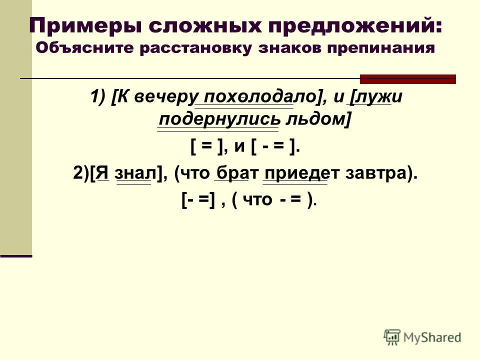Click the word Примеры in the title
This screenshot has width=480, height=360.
[x=86, y=26]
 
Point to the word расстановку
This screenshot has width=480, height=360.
[x=195, y=48]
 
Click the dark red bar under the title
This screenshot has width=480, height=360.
[x=408, y=79]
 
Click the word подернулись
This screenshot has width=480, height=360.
[x=219, y=119]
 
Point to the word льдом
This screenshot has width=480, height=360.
[x=315, y=119]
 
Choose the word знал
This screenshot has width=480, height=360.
[x=135, y=173]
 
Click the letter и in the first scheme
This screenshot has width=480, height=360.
[x=239, y=147]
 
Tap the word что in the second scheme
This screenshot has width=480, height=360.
[x=257, y=200]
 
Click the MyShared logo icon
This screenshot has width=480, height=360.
[x=392, y=337]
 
